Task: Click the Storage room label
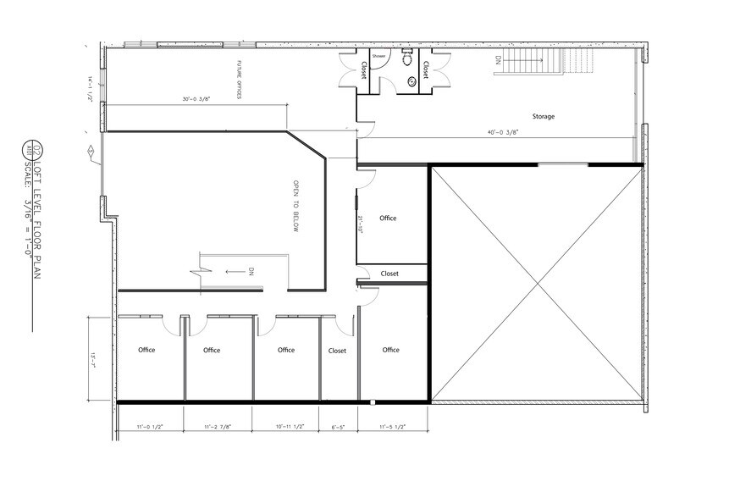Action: [543, 116]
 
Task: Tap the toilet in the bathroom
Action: [406, 59]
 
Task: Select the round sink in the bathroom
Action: [412, 81]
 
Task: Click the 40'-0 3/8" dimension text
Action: [502, 132]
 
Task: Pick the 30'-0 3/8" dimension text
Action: [195, 99]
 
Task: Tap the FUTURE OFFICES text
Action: [240, 80]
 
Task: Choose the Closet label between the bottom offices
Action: [337, 350]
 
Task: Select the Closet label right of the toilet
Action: [425, 69]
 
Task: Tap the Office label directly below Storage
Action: [388, 218]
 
